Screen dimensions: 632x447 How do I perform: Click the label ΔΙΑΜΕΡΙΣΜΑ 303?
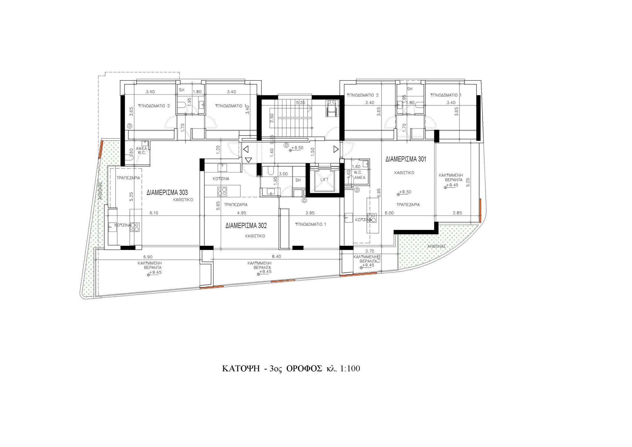click(167, 193)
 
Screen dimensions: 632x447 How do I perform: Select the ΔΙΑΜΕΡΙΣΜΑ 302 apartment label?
click(246, 226)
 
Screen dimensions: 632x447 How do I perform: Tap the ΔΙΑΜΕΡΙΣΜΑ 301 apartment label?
click(406, 159)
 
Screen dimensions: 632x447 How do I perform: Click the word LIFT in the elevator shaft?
click(325, 180)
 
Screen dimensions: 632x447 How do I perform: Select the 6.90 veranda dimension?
click(148, 257)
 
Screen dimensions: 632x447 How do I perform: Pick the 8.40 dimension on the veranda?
click(276, 257)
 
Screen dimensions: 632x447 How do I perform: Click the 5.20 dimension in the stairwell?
click(301, 103)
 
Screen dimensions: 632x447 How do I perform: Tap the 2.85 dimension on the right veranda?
click(457, 213)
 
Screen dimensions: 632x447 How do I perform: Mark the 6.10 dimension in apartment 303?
click(154, 213)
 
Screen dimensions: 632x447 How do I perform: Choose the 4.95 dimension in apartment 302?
click(242, 213)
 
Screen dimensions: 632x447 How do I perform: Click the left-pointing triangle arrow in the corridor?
click(246, 150)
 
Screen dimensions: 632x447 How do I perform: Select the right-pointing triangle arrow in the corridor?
click(336, 150)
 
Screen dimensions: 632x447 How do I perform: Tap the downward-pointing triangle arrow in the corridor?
click(249, 160)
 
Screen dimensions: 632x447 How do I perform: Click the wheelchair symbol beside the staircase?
click(330, 108)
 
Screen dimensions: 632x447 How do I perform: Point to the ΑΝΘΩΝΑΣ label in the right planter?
click(436, 246)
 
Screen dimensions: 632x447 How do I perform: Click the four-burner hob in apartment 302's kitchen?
click(222, 191)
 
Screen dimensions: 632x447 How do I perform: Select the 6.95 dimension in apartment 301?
click(379, 193)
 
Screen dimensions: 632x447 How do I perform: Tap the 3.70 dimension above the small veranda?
click(370, 251)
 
